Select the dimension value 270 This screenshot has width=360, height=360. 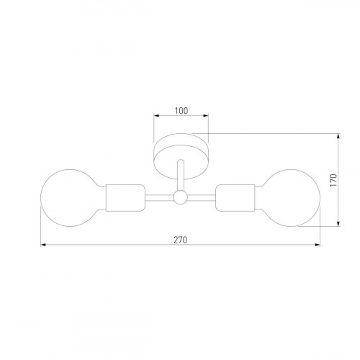[181, 240]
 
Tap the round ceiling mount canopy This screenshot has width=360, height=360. [181, 148]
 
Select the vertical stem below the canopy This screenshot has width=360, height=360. [181, 176]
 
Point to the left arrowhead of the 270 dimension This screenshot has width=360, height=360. [44, 246]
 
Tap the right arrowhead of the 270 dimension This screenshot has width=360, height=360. [318, 246]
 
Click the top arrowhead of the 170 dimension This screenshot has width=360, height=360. [340, 134]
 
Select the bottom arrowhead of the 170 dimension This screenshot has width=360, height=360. [340, 223]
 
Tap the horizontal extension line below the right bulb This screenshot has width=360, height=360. [328, 226]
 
